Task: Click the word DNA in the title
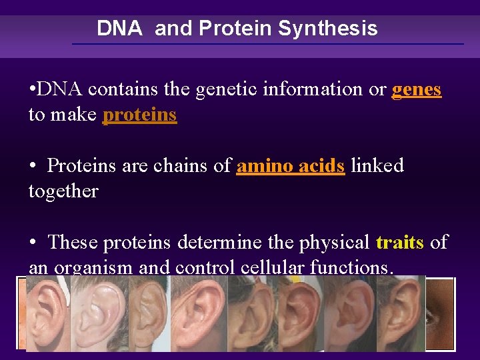(119, 29)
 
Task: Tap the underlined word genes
(417, 89)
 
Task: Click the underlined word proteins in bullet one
(139, 115)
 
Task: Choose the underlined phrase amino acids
(291, 165)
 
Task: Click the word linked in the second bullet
(377, 165)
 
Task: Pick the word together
(63, 191)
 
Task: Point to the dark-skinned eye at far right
(440, 313)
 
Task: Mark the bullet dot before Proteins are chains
(32, 165)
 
